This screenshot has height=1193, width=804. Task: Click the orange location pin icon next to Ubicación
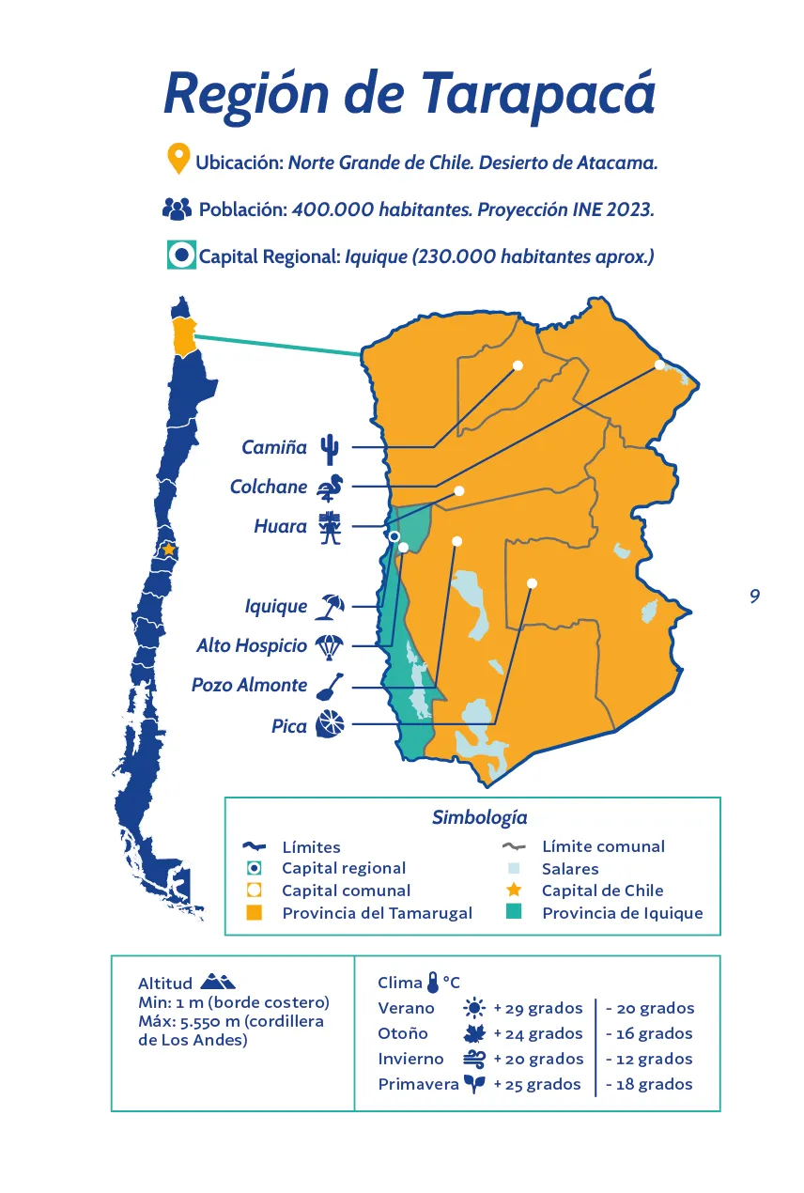[x=178, y=160]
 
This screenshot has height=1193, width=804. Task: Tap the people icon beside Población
[x=177, y=209]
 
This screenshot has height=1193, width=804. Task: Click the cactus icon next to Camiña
[x=329, y=449]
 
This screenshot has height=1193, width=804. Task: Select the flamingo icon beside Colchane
[x=331, y=488]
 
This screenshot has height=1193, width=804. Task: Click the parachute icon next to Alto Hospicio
[x=330, y=646]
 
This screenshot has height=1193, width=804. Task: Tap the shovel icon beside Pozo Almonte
[x=330, y=686]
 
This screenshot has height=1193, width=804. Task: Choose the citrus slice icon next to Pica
[x=330, y=724]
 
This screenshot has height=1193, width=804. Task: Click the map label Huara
[x=280, y=527]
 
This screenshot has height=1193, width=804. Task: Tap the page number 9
[x=754, y=596]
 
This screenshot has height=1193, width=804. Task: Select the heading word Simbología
[x=479, y=817]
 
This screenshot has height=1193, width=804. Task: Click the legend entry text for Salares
[x=569, y=869]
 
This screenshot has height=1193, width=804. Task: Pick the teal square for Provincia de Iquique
[x=514, y=912]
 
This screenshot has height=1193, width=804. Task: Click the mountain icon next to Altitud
[x=218, y=982]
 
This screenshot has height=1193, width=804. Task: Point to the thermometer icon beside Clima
[x=432, y=983]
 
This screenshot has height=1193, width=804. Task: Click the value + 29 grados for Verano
[x=538, y=1009]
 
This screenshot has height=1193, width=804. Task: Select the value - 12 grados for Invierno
[x=649, y=1059]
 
